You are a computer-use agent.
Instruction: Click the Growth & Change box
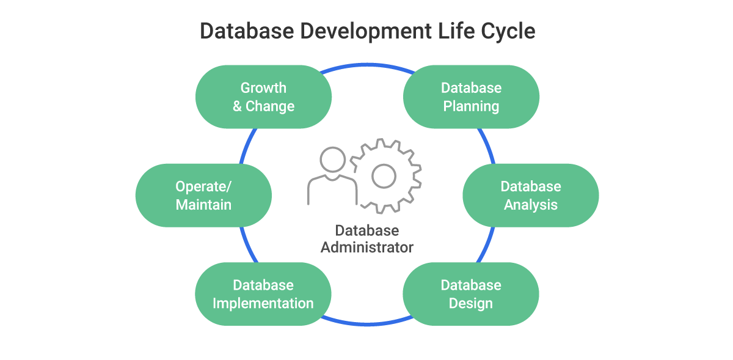click(x=263, y=97)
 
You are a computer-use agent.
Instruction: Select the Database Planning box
click(x=471, y=97)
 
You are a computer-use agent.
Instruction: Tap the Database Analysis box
click(x=530, y=195)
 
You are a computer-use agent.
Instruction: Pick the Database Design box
click(x=471, y=294)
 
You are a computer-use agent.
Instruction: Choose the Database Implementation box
click(x=263, y=294)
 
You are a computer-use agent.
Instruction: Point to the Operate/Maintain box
click(x=203, y=195)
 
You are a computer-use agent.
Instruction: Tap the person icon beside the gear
click(x=332, y=177)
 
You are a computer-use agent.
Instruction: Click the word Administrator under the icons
click(x=367, y=248)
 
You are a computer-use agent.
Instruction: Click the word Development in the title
click(x=366, y=31)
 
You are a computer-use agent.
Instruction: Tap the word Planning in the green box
click(x=471, y=106)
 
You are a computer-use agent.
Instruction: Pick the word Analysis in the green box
click(x=530, y=205)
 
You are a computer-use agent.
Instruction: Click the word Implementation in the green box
click(x=263, y=303)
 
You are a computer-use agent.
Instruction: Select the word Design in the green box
click(x=471, y=303)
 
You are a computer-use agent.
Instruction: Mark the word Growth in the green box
click(x=263, y=87)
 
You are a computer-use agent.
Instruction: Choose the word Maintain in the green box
click(x=203, y=205)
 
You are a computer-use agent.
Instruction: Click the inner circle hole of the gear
click(x=384, y=177)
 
